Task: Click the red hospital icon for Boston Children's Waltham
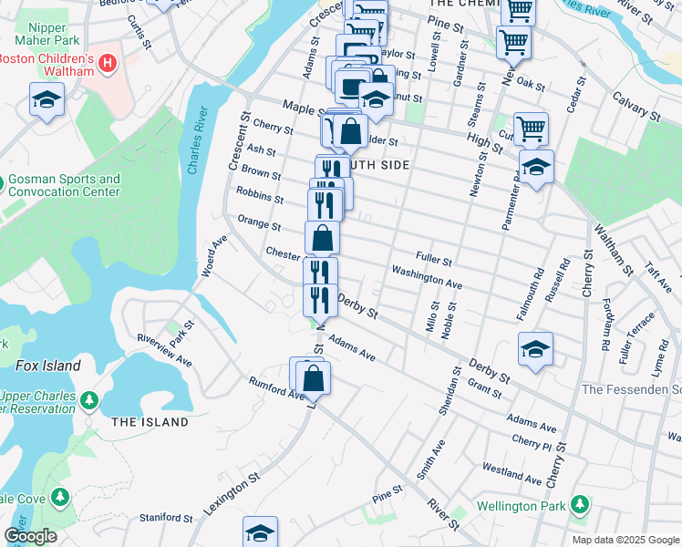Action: [x=108, y=63]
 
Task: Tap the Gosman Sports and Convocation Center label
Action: [x=64, y=186]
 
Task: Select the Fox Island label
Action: [x=47, y=366]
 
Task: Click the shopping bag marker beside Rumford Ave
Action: [x=313, y=377]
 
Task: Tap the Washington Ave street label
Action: [x=427, y=278]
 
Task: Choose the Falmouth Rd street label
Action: [x=530, y=294]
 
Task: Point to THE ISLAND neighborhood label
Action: [x=150, y=422]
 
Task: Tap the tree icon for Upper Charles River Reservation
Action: [x=88, y=400]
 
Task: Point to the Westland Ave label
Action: [x=513, y=474]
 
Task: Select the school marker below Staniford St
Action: [x=260, y=532]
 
